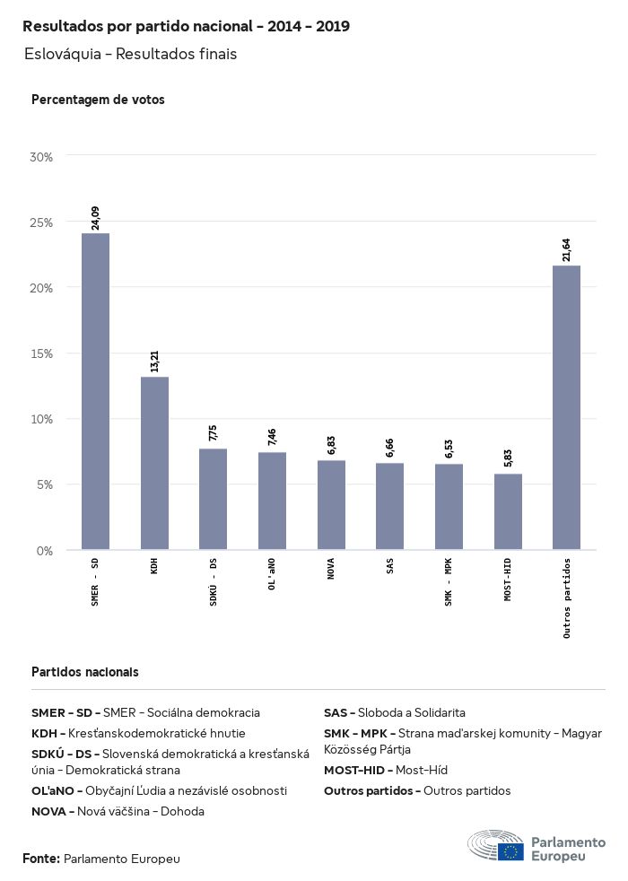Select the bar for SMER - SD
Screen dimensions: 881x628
(95, 391)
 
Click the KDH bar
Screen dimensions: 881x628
(154, 463)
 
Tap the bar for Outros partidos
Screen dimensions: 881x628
(566, 407)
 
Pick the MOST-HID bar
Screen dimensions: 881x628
(508, 511)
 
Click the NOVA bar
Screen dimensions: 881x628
(331, 505)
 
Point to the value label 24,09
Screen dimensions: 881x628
(95, 218)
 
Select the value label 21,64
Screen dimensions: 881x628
(566, 250)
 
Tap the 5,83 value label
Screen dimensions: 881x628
(508, 459)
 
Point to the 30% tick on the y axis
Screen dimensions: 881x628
(42, 157)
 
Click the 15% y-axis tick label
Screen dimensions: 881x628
(42, 353)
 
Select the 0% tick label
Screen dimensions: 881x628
(45, 550)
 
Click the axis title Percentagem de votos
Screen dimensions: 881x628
(98, 100)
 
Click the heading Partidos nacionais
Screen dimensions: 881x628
(85, 672)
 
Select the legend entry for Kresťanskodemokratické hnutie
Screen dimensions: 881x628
(138, 733)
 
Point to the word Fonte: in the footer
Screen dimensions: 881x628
(41, 859)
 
